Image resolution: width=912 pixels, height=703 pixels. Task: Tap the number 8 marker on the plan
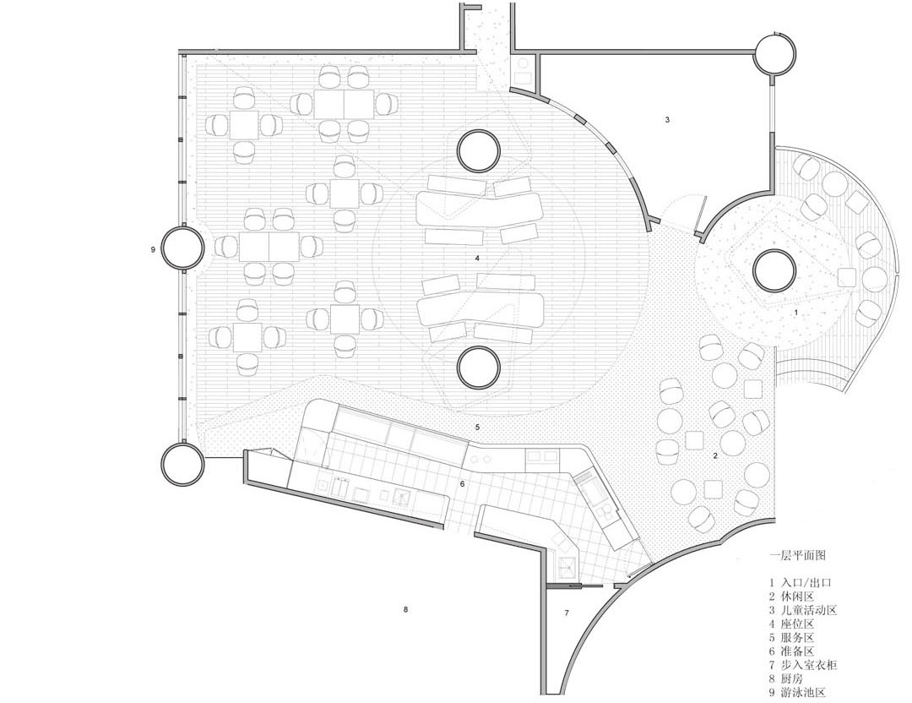click(404, 610)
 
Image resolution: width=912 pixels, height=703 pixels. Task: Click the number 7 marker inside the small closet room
click(567, 613)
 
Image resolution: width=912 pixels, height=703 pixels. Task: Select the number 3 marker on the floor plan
click(668, 120)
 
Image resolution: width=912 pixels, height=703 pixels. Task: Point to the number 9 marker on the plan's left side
click(152, 249)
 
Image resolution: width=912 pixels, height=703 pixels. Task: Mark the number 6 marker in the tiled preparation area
click(463, 484)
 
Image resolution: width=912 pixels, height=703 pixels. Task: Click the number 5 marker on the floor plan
click(477, 428)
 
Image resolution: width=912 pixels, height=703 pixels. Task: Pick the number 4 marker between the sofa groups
click(477, 258)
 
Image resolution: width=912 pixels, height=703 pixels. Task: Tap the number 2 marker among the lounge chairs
click(715, 455)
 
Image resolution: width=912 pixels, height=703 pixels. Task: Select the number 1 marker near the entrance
click(796, 313)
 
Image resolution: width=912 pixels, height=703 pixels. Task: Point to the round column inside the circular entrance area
click(774, 270)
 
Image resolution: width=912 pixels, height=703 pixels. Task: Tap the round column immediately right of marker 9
click(183, 248)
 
